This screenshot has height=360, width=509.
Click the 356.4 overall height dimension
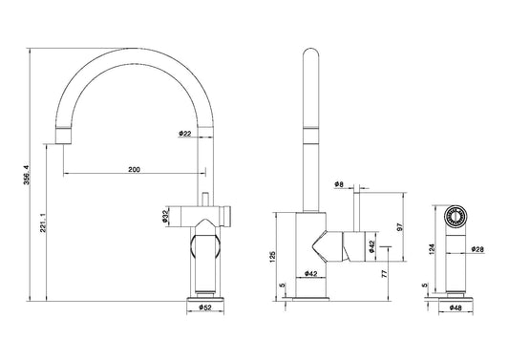(27, 175)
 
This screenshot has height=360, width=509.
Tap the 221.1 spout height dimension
(44, 222)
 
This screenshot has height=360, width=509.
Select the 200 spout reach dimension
(134, 169)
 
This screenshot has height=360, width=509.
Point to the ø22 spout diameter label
(184, 134)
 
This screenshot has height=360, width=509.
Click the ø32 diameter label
(165, 217)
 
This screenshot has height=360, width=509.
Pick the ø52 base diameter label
(205, 307)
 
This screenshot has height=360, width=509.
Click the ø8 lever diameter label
(339, 184)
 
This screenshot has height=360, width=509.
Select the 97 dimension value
(400, 227)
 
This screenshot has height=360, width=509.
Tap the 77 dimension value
(384, 273)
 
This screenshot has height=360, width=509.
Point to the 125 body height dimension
(273, 257)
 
